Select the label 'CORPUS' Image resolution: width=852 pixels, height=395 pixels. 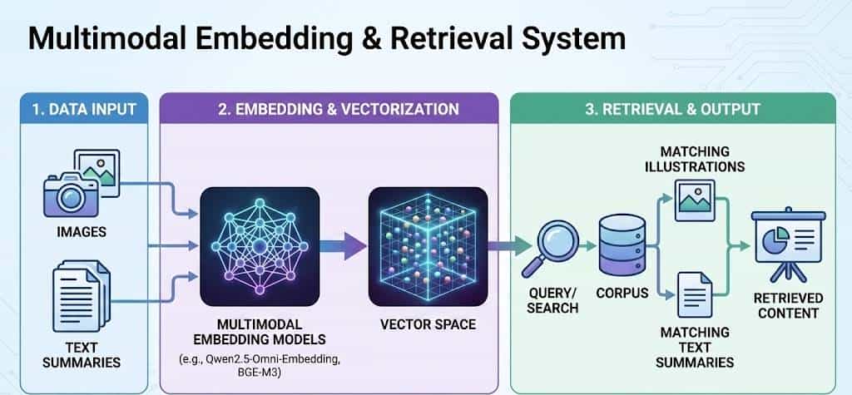point(622,294)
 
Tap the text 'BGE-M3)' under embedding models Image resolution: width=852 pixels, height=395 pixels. point(260,370)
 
